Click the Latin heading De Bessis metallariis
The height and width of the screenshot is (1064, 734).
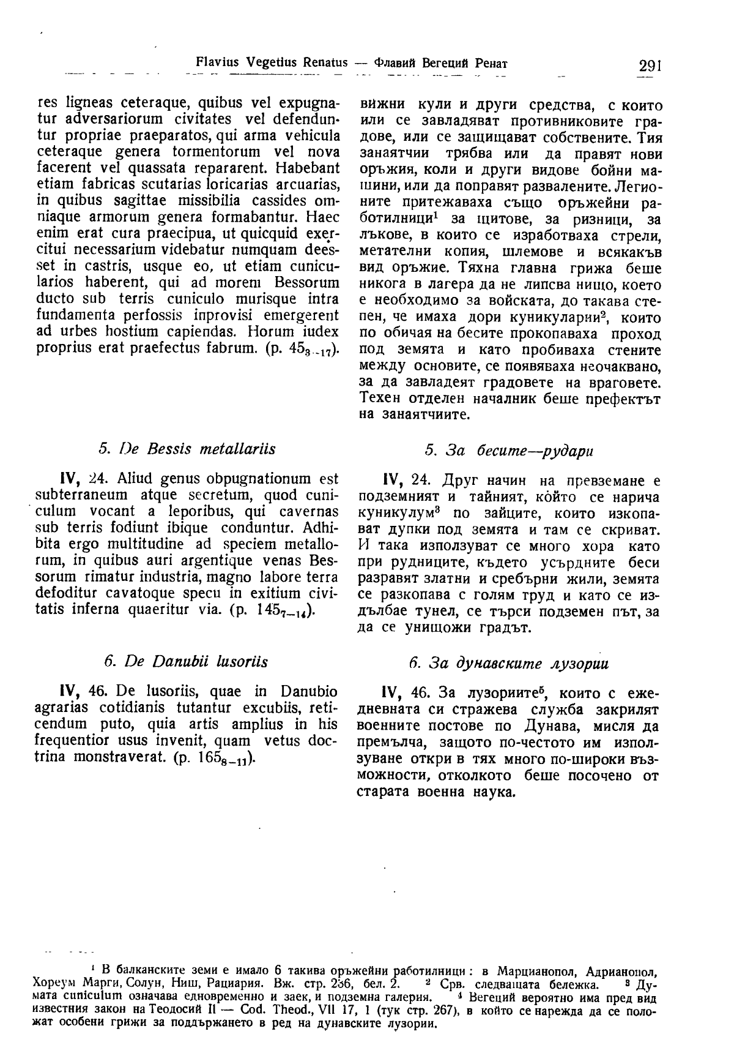[187, 449]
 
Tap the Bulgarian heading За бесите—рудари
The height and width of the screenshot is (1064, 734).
[509, 451]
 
